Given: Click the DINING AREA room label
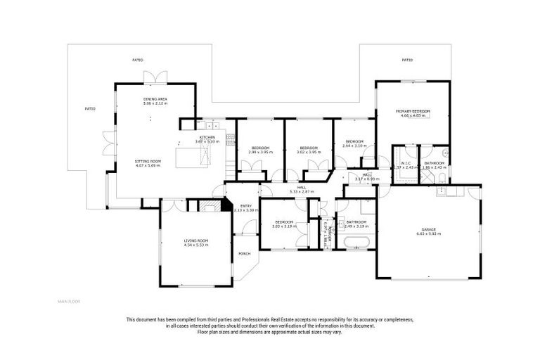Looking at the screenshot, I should [155, 99].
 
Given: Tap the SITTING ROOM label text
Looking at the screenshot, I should [148, 161].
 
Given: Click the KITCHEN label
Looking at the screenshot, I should [207, 137].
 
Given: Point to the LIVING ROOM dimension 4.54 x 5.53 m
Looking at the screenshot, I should [196, 245].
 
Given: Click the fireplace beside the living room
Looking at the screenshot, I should [209, 206].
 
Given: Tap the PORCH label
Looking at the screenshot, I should [244, 254].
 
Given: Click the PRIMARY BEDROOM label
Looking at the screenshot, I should [413, 112].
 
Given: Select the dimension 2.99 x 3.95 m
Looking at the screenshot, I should [259, 152].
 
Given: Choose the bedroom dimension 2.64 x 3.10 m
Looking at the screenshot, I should [354, 146].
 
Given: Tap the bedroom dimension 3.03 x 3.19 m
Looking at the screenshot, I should [284, 226].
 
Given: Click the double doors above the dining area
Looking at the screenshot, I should [155, 77].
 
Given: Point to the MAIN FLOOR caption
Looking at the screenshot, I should [69, 301].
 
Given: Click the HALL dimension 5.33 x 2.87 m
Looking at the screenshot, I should [302, 191].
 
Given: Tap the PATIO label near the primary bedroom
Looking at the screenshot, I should [406, 60].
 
